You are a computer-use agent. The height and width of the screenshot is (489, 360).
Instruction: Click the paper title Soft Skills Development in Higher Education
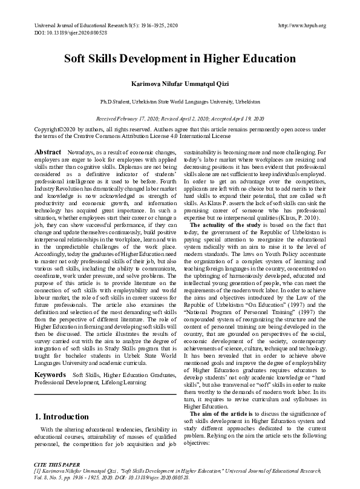tap(180, 59)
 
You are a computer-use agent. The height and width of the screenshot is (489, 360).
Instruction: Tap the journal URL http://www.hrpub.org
tap(301, 25)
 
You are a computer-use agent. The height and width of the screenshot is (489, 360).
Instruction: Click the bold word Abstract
tap(48, 151)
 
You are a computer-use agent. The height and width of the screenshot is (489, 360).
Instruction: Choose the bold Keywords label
tap(50, 358)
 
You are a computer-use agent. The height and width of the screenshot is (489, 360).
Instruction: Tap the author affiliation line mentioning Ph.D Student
tap(180, 102)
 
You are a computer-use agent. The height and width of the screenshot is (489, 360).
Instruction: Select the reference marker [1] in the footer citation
tap(37, 469)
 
